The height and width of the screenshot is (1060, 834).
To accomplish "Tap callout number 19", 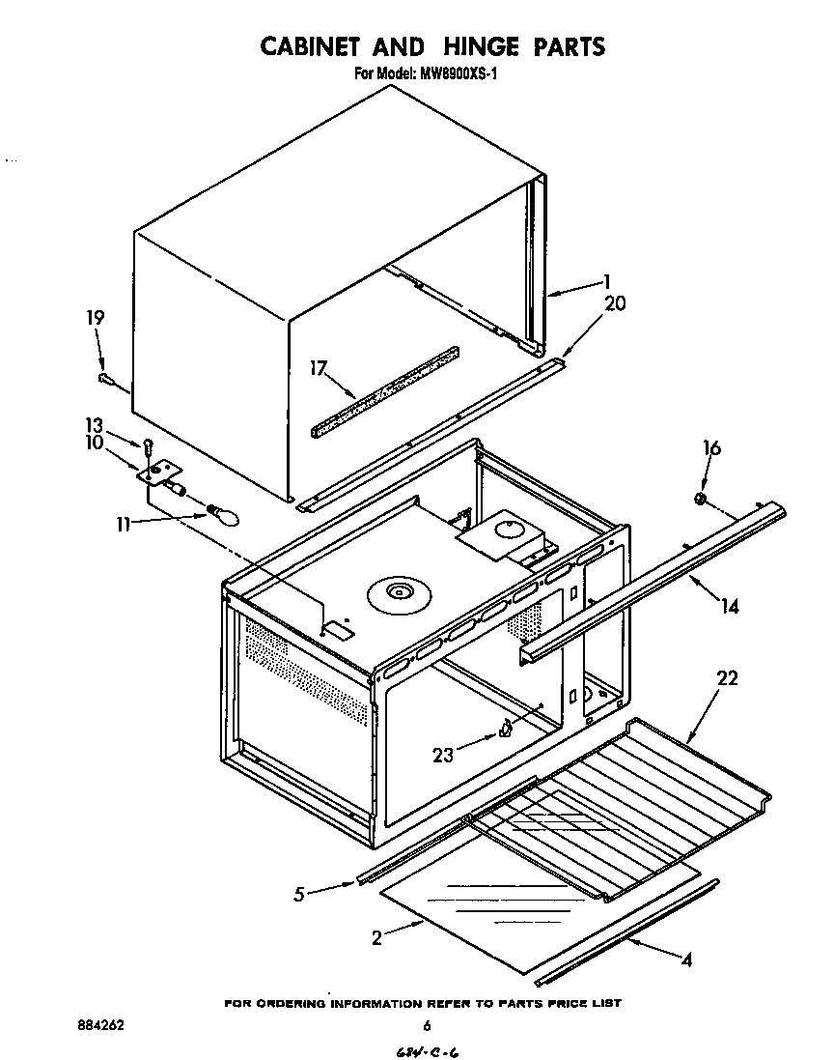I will coord(95,318).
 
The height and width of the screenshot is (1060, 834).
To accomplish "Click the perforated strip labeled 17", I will coord(386,391).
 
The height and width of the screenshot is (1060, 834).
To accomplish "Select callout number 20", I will coord(615,303).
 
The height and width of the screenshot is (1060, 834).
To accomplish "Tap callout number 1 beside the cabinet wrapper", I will coord(606,282).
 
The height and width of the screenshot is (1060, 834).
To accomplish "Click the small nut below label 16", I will coord(702,500).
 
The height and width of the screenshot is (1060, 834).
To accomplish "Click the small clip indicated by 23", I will coord(505,730).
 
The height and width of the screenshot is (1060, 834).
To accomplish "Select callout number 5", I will coord(301,894).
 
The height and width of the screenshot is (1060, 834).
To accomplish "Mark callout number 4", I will coord(686,960).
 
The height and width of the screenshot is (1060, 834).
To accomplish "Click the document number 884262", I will coord(100,1025).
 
